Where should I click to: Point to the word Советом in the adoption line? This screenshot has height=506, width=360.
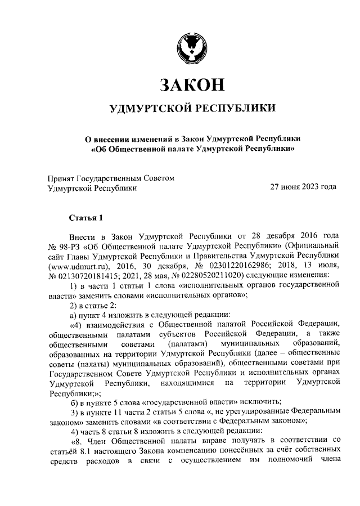160,178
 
